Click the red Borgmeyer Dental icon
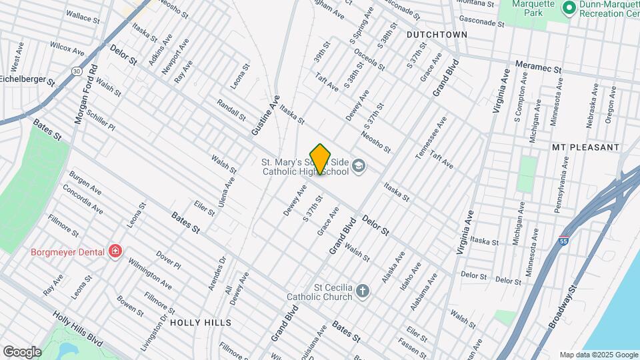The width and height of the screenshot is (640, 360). click(116, 251)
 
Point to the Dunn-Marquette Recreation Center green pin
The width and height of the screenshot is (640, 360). click(569, 8)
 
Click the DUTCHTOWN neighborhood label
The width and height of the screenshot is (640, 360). click(432, 33)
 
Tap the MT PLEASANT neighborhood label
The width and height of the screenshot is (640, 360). click(585, 147)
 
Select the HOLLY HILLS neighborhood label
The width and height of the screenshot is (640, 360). click(201, 323)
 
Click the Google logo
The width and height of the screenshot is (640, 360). click(22, 351)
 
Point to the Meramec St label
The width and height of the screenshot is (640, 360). click(539, 68)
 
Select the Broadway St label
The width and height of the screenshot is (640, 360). click(562, 309)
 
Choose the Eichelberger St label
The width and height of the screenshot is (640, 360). click(27, 79)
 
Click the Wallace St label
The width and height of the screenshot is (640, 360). click(83, 17)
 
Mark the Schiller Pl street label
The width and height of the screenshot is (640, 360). click(101, 121)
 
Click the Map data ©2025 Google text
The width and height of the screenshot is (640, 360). click(598, 355)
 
